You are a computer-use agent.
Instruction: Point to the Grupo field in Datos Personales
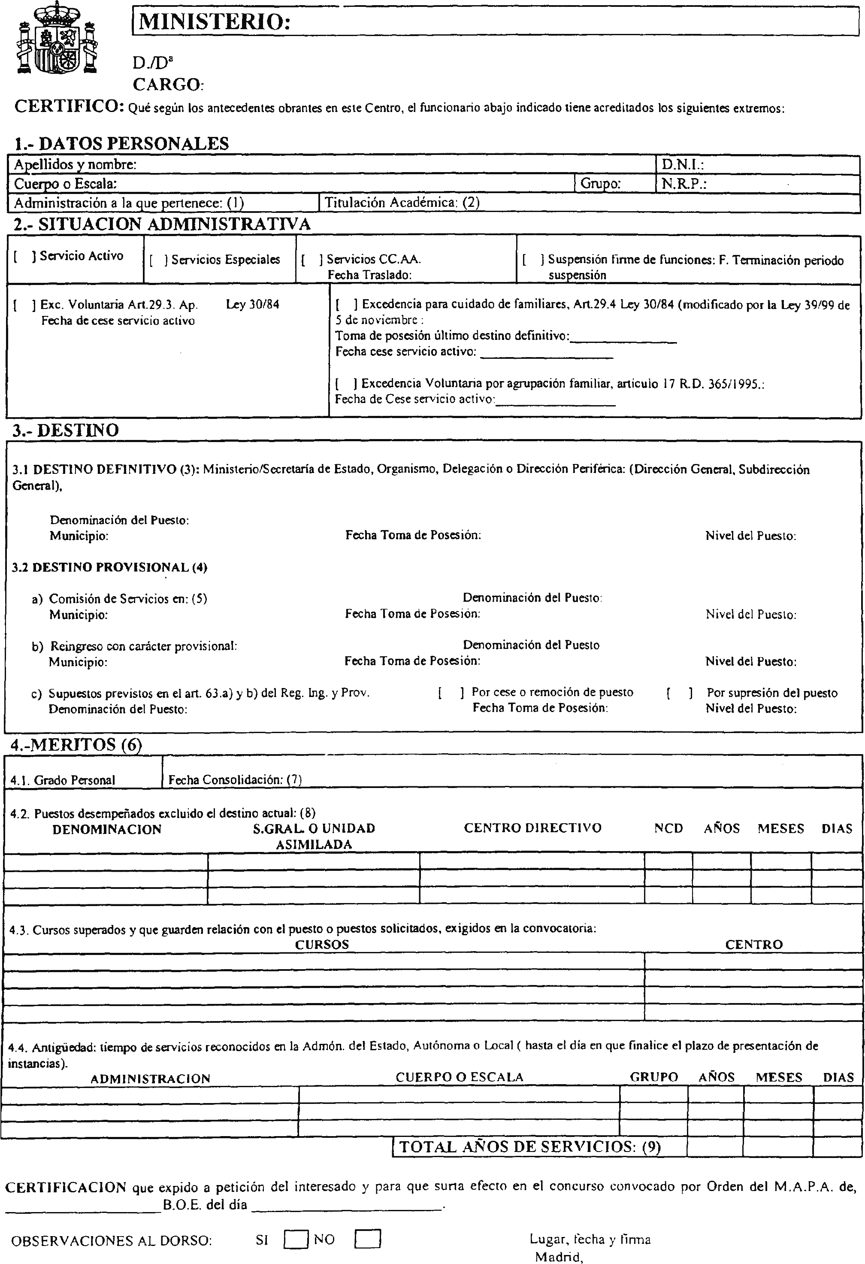click(x=600, y=184)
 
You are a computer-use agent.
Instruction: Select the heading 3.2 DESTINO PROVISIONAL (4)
click(x=110, y=567)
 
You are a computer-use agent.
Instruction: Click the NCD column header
click(x=668, y=828)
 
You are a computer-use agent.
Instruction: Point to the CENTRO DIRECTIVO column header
click(x=532, y=828)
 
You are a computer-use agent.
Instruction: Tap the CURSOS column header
click(x=322, y=945)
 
